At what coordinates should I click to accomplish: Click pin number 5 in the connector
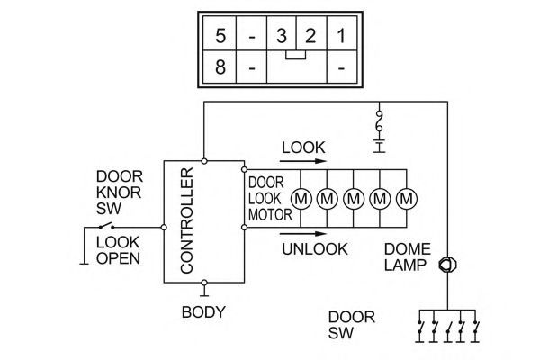pos(220,35)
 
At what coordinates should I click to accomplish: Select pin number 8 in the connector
pos(220,67)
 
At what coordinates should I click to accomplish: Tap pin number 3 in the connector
pos(282,35)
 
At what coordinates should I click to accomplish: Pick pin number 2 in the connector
pos(310,35)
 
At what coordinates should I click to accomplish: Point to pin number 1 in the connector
pos(341,35)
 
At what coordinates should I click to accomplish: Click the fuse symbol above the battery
pos(379,121)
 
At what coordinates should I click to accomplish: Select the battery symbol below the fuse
pos(379,146)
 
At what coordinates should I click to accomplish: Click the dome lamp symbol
pos(447,265)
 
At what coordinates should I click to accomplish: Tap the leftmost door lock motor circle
pos(301,199)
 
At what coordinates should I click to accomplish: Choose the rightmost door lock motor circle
pos(407,199)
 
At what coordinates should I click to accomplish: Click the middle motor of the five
pos(354,199)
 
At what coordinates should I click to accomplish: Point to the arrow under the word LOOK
pos(302,161)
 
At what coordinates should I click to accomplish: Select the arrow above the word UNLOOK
pos(302,234)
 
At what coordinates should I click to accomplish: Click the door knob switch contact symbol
pos(106,226)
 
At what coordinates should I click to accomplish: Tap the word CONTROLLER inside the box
pos(187,220)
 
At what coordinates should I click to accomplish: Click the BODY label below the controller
pos(203,312)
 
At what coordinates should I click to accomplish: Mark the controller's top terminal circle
pos(204,161)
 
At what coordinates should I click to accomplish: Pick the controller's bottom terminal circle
pos(204,283)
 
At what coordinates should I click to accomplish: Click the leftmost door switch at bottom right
pos(419,328)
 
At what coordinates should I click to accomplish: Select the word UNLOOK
pos(315,249)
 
